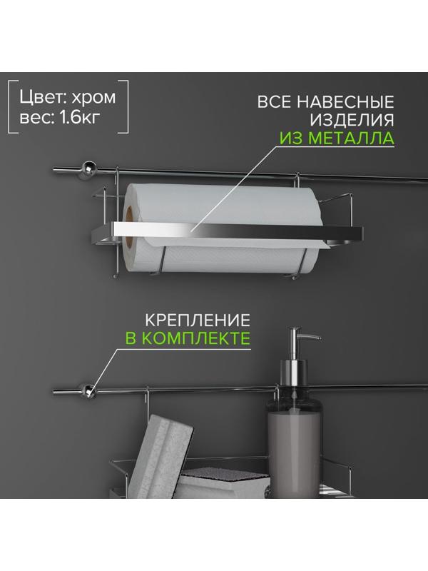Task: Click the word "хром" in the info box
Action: (93, 98)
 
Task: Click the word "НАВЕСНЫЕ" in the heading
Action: (345, 101)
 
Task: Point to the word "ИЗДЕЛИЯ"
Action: (352, 120)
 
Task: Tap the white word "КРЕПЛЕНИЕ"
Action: (198, 320)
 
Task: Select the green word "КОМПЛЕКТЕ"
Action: (195, 338)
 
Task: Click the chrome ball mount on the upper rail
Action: (88, 168)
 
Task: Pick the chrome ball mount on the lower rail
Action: (88, 391)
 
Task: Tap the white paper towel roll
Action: (222, 228)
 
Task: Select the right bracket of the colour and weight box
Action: (126, 111)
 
